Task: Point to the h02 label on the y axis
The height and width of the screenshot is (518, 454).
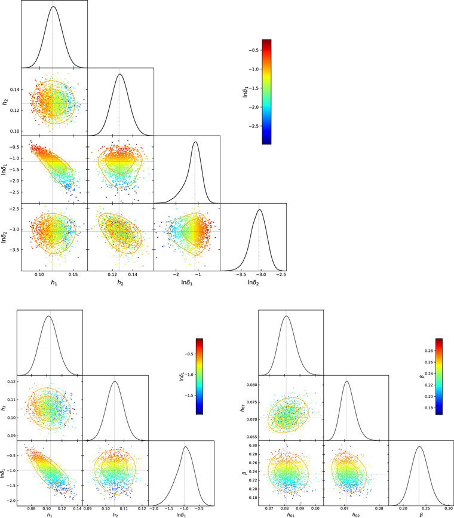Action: click(241, 408)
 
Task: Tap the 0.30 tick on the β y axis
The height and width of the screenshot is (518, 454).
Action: click(253, 445)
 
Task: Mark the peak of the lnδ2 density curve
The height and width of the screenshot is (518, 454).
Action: click(259, 209)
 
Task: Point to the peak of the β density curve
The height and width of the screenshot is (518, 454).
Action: click(419, 446)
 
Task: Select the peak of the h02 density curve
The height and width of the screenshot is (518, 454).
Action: click(346, 381)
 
